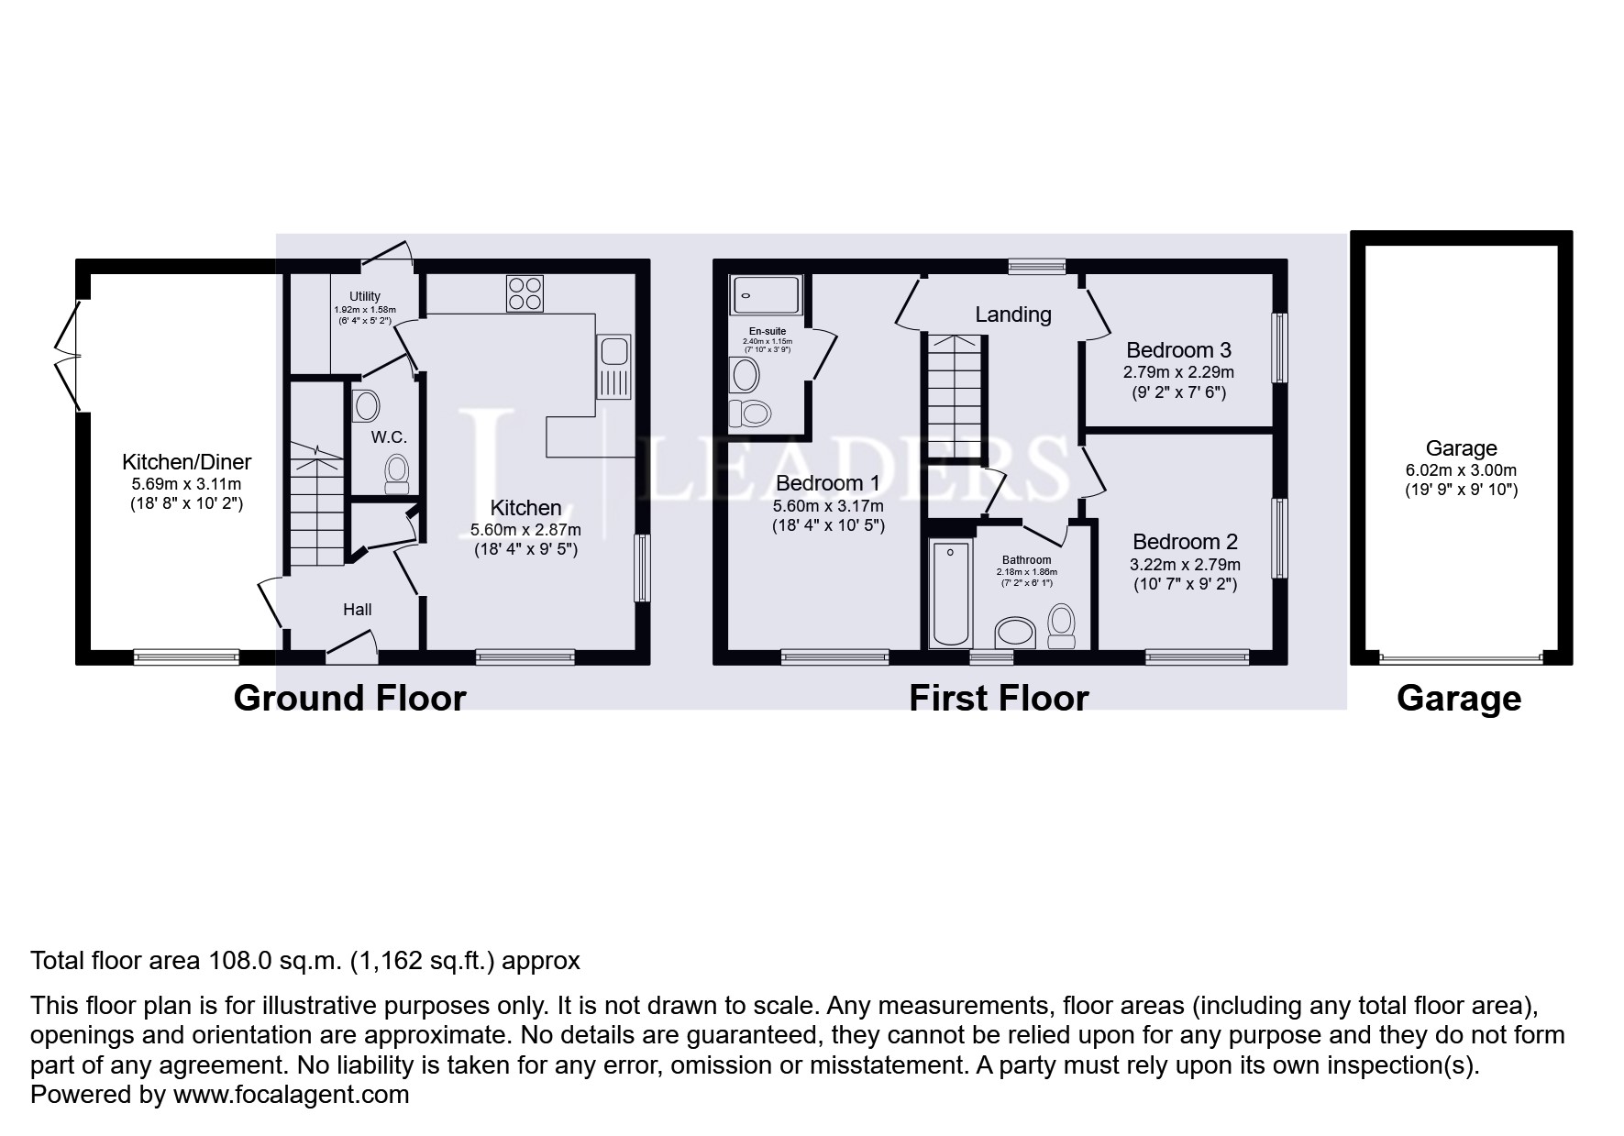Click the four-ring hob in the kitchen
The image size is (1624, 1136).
[x=525, y=294]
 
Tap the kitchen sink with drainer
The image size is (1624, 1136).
[x=613, y=368]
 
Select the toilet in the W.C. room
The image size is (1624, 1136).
[x=397, y=473]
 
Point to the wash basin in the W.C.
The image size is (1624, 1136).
[x=366, y=406]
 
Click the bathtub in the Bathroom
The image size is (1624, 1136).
[x=951, y=594]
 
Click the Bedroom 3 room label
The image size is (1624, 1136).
[x=1178, y=349]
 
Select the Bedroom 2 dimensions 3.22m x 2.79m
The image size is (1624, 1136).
[x=1185, y=565]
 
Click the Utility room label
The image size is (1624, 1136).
[x=365, y=296]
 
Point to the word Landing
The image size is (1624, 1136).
[x=1013, y=314]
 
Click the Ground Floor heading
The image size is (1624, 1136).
[x=350, y=699]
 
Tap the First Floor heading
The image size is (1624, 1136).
[x=999, y=699]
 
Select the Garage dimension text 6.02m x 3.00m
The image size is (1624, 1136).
[x=1462, y=470]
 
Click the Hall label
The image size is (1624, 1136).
[x=358, y=609]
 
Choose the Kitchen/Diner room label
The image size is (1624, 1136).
[x=187, y=462]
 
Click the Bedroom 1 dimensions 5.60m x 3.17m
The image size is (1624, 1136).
[x=828, y=506]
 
